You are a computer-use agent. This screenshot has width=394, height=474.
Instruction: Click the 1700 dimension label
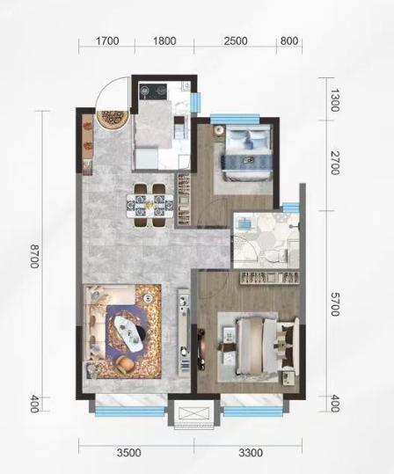[107, 40]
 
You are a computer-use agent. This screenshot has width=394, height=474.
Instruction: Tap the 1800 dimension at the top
[164, 40]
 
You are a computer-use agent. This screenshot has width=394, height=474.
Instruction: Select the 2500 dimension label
[236, 40]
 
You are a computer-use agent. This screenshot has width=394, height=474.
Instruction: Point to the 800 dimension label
[289, 40]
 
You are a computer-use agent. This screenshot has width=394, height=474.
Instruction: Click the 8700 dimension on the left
[34, 257]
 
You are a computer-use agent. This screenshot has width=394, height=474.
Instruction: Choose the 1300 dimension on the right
[334, 100]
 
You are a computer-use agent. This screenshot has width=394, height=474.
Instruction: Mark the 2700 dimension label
[334, 163]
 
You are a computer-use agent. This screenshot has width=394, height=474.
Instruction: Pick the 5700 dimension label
[334, 304]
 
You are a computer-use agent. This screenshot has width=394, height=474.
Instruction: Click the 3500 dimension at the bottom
[129, 453]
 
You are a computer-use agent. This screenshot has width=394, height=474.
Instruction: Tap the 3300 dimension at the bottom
[251, 453]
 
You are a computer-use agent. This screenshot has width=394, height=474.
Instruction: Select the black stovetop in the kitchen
[153, 91]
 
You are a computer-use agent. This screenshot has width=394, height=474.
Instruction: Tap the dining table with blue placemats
[150, 205]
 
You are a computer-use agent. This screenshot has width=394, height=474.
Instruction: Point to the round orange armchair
[126, 365]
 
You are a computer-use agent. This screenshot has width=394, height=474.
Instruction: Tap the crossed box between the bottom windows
[193, 413]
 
